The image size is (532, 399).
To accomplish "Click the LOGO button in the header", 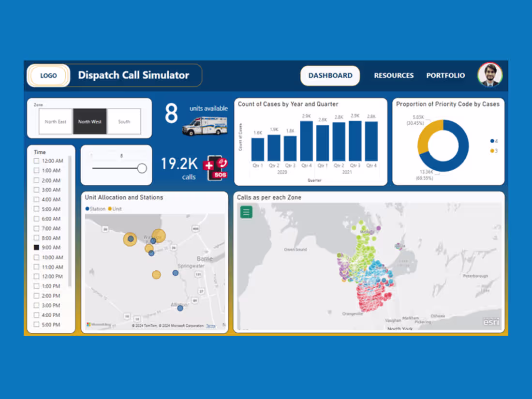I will pos(48,75).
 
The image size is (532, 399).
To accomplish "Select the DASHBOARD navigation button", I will pos(330,75).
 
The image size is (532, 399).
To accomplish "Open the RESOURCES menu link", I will pos(394,75).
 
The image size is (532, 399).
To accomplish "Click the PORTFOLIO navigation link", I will pos(445,75).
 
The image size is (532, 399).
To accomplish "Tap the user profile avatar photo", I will pos(490,75).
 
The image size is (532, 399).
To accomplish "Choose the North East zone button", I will pos(56,121).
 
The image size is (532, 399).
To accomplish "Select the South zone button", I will pos(124,121).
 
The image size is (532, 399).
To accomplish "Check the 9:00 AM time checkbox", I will pos(36,248).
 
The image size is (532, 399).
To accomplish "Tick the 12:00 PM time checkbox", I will pos(36,277).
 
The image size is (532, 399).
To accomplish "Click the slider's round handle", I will pos(142,168).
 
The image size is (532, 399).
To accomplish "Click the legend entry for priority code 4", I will pos(493,141).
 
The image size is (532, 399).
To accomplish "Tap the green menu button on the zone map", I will pos(246,211).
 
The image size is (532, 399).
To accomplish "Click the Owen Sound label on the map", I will pos(295,250).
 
